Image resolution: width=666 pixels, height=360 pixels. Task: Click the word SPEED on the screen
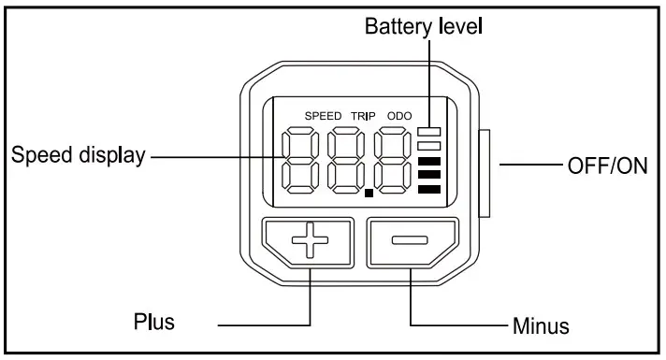[x=324, y=115]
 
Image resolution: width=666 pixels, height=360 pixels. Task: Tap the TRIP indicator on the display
[x=362, y=115]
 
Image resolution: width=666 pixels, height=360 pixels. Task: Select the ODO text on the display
[x=398, y=115]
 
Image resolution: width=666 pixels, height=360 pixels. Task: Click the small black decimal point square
[x=369, y=194]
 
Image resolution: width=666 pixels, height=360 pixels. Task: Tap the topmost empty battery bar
[x=429, y=132]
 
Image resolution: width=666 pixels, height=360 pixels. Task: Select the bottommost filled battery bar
[x=429, y=190]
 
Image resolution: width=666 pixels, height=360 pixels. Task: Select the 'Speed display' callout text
[x=78, y=155]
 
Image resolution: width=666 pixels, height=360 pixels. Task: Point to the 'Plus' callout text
[x=152, y=324]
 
